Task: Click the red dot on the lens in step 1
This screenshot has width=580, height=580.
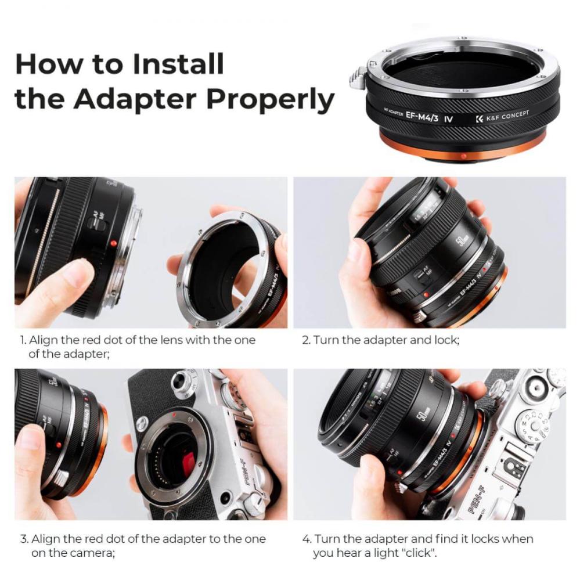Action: [113, 243]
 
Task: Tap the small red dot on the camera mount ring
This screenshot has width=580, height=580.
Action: [172, 416]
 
